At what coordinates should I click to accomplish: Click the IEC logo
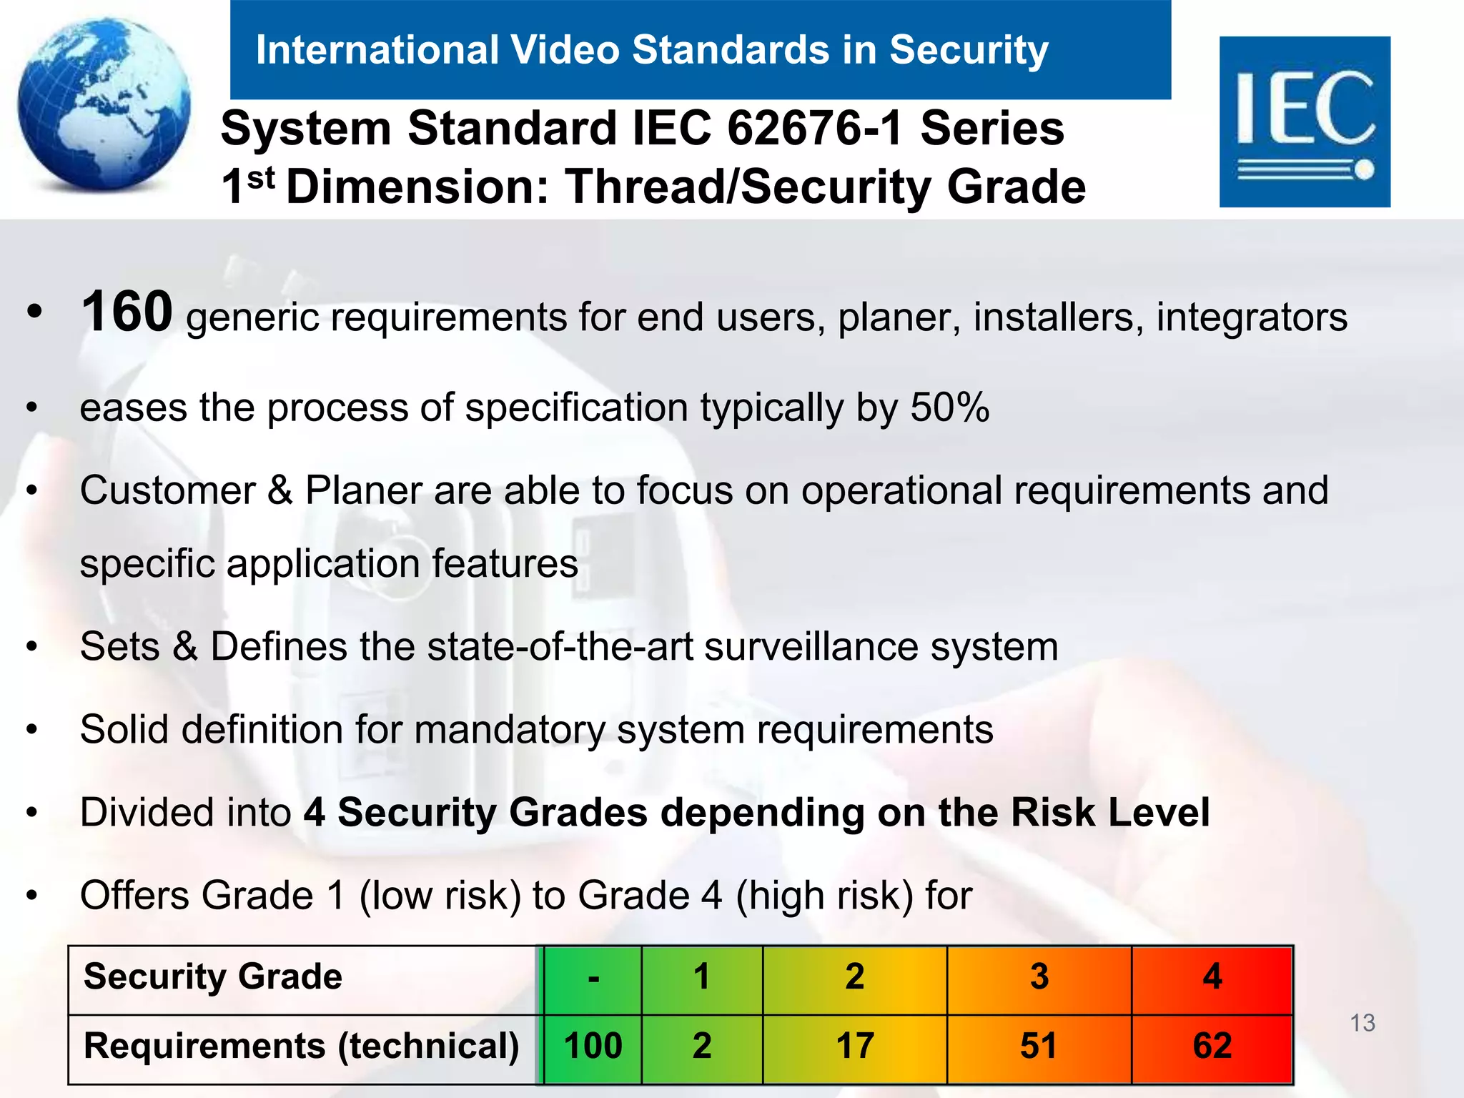1305,122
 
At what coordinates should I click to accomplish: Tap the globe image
104,104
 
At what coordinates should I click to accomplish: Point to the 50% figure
949,407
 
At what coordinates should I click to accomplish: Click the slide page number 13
1362,1023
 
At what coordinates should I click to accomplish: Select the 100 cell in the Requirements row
593,1046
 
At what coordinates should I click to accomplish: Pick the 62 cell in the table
1212,1046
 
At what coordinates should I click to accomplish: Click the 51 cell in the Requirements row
1039,1046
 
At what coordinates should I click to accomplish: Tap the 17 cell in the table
855,1046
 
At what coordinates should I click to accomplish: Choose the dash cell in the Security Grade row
593,978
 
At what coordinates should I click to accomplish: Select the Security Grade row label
213,976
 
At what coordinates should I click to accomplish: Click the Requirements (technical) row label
301,1046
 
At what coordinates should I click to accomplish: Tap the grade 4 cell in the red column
1212,976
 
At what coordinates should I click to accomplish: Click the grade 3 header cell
1039,976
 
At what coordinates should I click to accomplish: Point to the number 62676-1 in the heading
815,129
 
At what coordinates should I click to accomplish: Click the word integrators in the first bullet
1252,317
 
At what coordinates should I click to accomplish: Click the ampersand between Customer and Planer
280,491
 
